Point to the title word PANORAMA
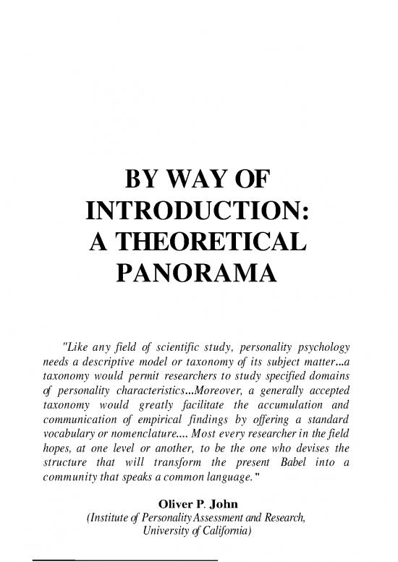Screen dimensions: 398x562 198,273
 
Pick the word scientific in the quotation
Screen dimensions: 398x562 191,323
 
